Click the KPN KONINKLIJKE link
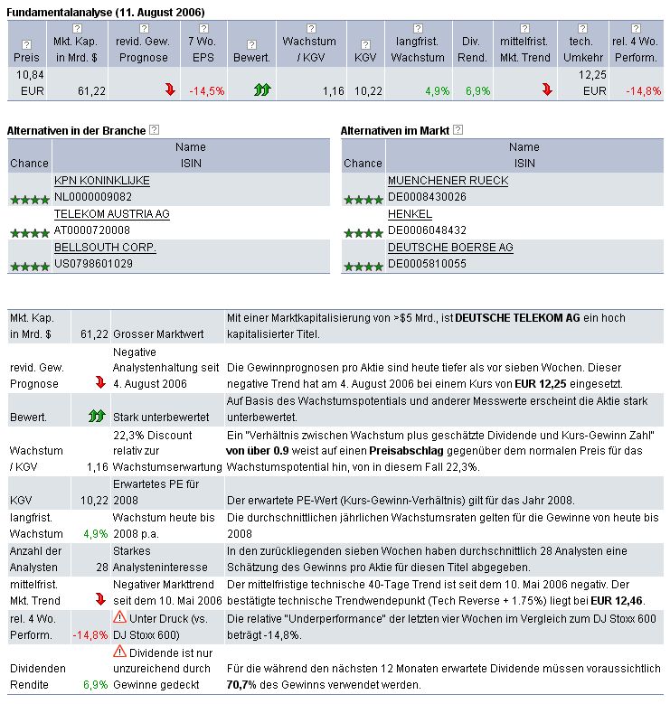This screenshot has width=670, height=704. tap(101, 181)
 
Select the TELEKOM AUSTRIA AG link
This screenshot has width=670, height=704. tap(111, 214)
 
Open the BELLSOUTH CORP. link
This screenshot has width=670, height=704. tap(105, 248)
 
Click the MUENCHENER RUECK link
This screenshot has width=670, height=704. tap(448, 181)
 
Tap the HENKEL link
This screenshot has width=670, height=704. tap(410, 214)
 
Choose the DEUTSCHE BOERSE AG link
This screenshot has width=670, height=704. tap(450, 248)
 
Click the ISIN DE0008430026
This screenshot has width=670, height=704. tap(427, 197)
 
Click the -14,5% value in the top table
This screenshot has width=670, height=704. tap(207, 91)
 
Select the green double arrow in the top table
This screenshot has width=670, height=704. tap(262, 90)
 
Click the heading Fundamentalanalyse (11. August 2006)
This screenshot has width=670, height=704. tap(105, 11)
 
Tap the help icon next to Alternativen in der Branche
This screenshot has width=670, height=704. tap(154, 131)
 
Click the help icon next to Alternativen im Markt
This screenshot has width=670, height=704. tap(458, 131)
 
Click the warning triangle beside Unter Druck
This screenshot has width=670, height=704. tap(119, 616)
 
